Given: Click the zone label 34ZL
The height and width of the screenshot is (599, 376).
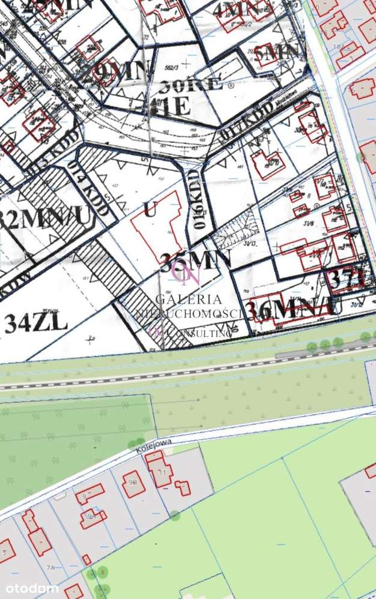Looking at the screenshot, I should point(36,323).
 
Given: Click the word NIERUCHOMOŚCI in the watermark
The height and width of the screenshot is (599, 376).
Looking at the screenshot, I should point(187,313).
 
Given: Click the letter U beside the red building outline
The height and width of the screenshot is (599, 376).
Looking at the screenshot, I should point(150,209).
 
